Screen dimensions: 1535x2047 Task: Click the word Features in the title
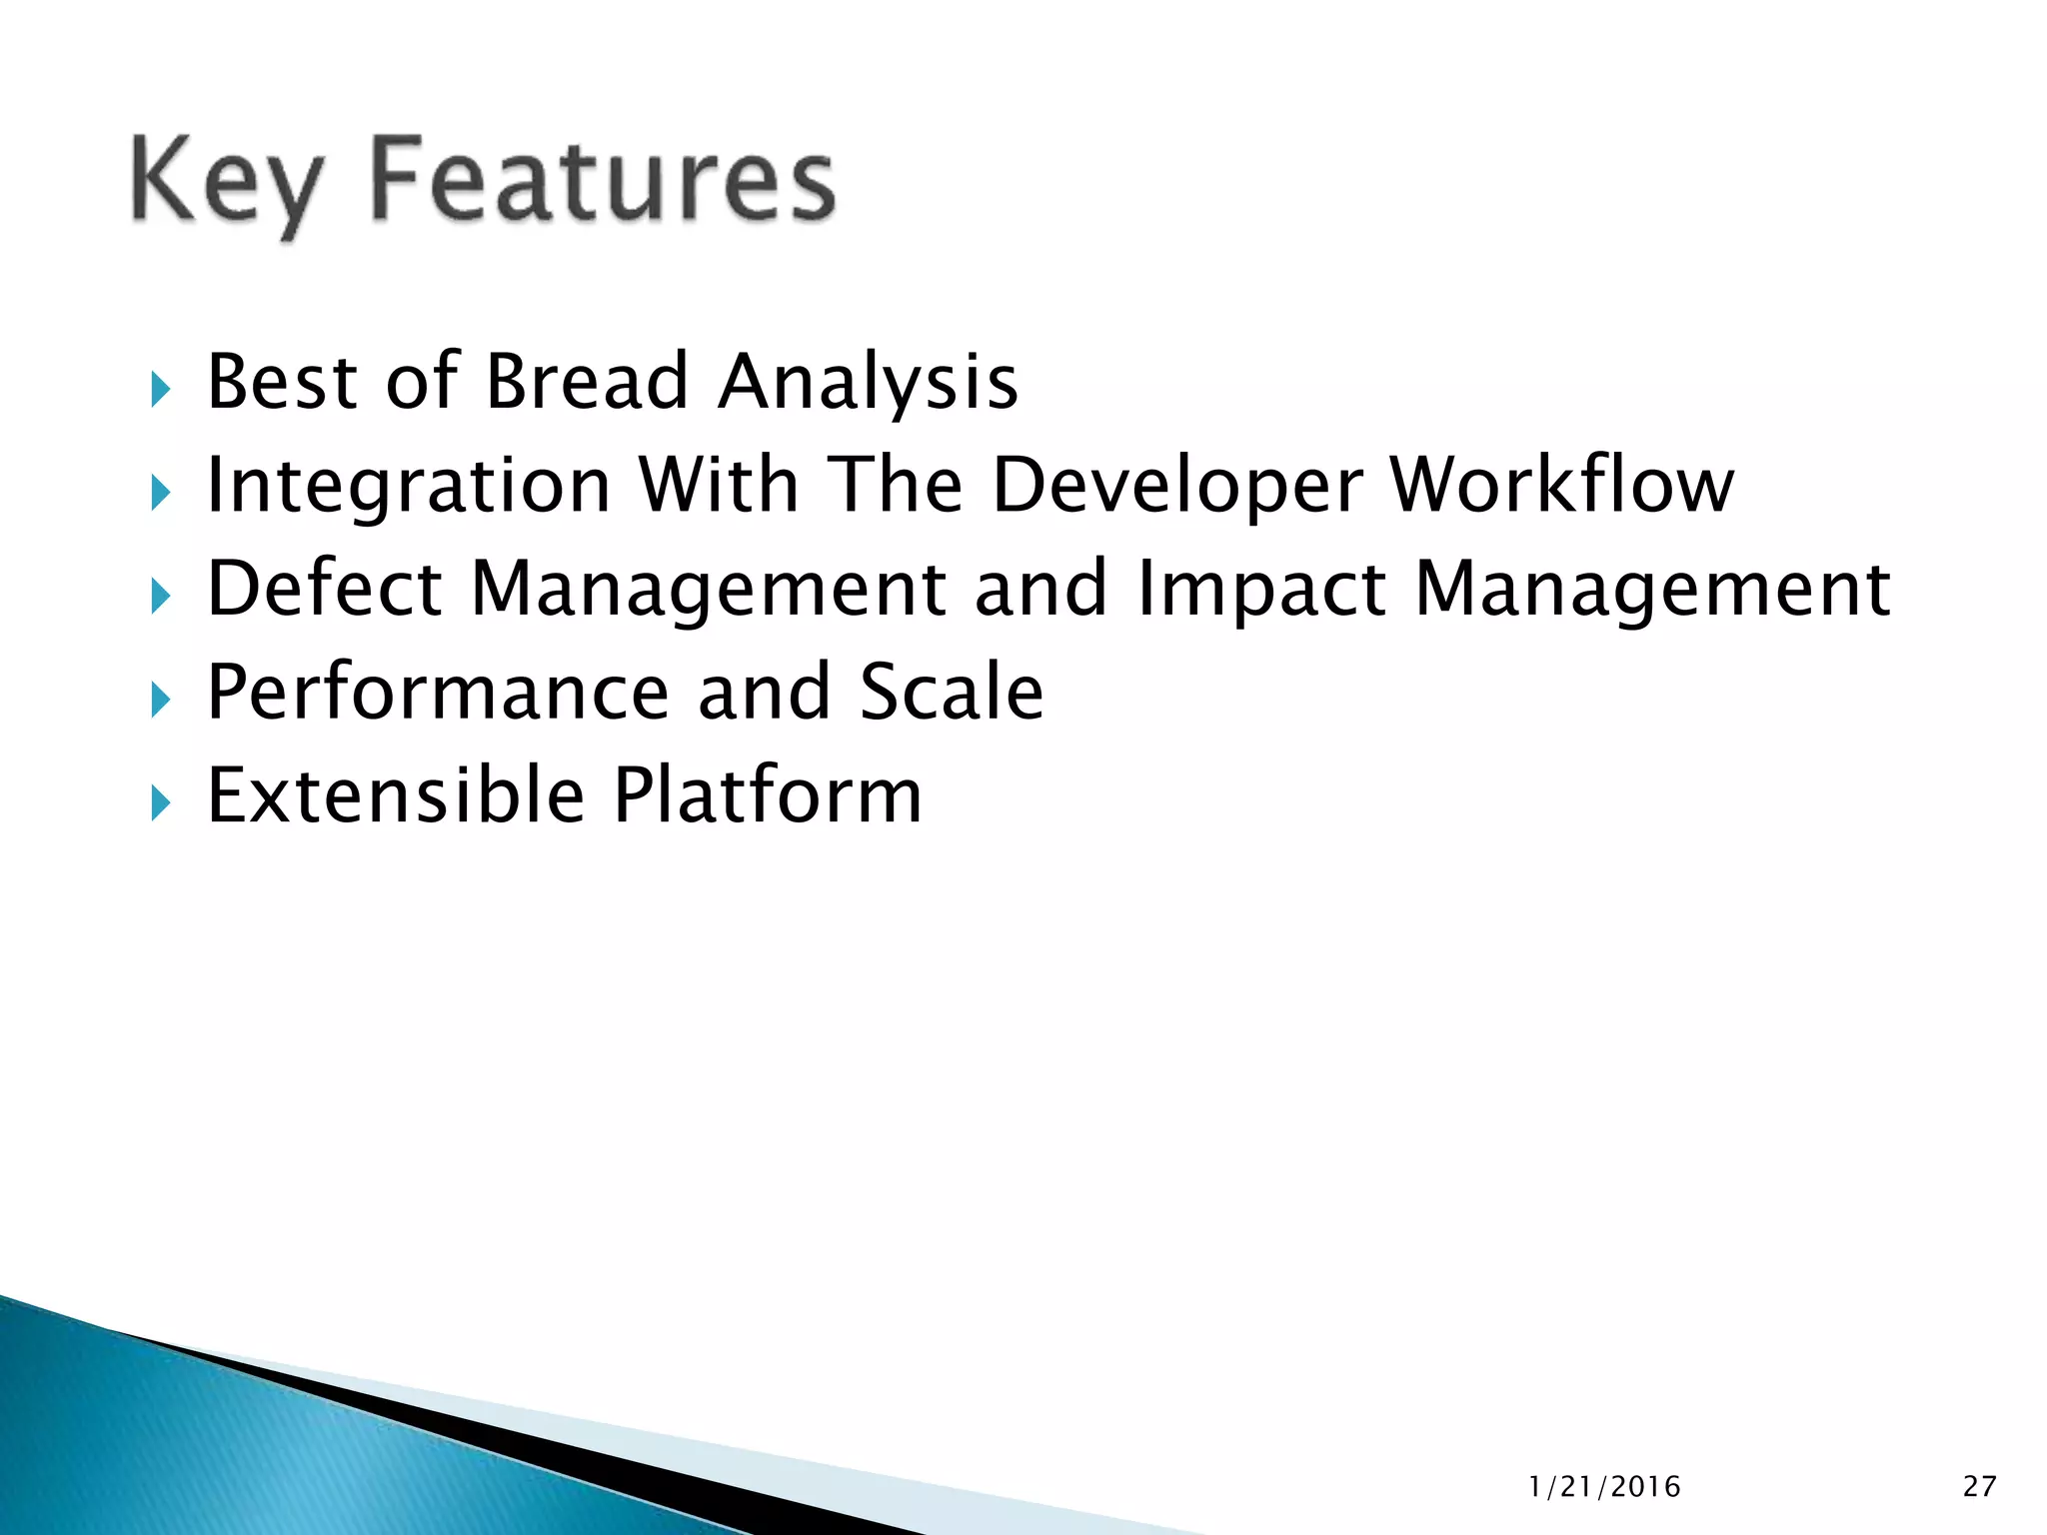pos(602,180)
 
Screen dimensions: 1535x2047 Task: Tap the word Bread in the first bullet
pos(587,382)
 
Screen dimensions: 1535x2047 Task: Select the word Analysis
pos(868,384)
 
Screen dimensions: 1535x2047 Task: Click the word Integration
pos(408,487)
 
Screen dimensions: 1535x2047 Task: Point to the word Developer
pos(1176,487)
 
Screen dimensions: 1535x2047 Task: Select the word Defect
pos(324,589)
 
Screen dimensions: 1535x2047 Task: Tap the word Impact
pos(1261,591)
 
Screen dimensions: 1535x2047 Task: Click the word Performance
pos(438,693)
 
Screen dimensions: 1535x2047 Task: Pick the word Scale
pos(952,693)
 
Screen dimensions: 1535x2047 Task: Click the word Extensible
pos(396,795)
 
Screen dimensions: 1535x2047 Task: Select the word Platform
pos(768,795)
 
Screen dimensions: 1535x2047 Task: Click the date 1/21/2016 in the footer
pos(1604,1487)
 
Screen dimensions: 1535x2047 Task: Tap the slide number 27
pos(1979,1487)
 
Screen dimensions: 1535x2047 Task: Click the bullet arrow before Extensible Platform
pos(161,801)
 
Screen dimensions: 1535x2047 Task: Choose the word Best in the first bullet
pos(282,382)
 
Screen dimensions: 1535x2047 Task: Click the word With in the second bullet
pos(719,485)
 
